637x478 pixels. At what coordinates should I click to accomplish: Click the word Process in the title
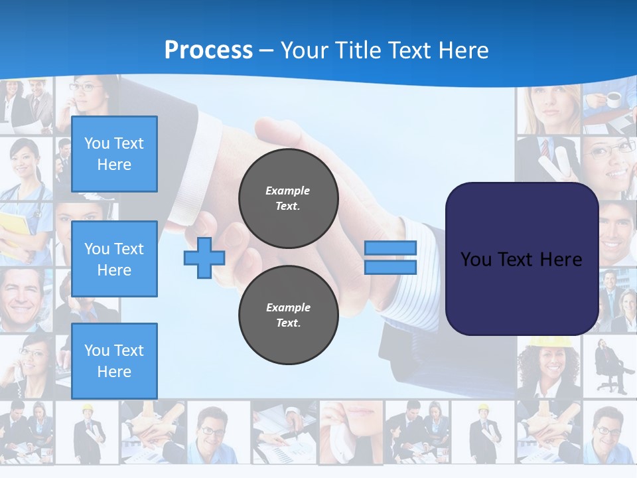coord(208,50)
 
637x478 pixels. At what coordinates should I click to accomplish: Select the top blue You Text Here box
coord(114,154)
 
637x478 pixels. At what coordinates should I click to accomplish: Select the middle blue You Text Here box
coord(114,259)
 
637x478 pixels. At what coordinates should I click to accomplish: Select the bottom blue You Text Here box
coord(114,360)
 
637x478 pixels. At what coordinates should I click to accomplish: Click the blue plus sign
coord(204,258)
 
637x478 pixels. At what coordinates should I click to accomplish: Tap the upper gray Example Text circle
coord(288,199)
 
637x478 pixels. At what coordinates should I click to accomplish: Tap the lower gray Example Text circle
coord(288,315)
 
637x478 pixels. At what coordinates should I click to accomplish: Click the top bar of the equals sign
coord(390,248)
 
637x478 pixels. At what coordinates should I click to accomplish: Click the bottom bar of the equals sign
coord(390,268)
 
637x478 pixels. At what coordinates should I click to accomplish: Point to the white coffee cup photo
coord(613,100)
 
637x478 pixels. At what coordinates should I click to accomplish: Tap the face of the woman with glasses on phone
coord(83,93)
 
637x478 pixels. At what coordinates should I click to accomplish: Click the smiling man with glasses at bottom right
coord(607,432)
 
